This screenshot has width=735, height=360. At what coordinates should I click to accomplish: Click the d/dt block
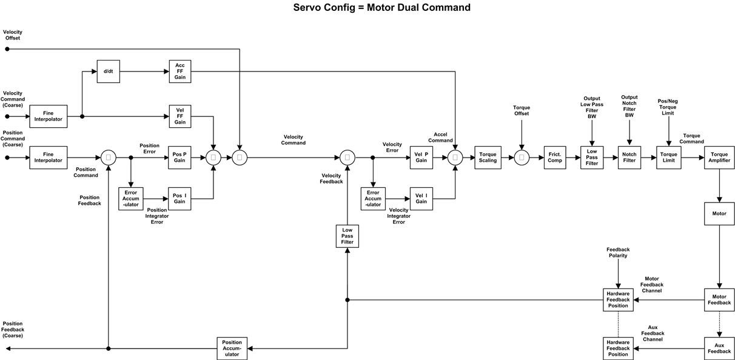tap(108, 72)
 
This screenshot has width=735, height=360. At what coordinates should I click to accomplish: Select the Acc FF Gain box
tap(180, 72)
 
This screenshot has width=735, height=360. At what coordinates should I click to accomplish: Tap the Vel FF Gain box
tap(180, 116)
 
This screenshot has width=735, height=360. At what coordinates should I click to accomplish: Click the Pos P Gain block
tap(180, 158)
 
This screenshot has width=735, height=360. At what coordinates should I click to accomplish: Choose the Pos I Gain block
tap(180, 199)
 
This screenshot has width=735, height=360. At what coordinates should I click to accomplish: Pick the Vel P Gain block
tap(421, 158)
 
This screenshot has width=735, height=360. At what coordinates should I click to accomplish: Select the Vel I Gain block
tap(421, 199)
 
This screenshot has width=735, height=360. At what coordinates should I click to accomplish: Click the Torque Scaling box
tap(488, 158)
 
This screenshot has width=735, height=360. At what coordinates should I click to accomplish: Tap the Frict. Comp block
tap(554, 158)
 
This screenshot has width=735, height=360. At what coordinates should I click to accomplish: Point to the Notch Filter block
tap(629, 158)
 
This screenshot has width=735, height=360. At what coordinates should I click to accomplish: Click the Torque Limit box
tap(668, 158)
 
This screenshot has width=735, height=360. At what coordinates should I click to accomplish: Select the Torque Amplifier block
tap(719, 158)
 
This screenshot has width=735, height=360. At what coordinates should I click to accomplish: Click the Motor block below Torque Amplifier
tap(719, 214)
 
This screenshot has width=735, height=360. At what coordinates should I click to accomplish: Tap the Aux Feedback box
tap(719, 348)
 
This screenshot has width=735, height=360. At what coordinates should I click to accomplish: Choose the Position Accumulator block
tap(232, 348)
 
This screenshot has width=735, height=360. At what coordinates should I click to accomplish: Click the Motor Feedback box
tap(719, 300)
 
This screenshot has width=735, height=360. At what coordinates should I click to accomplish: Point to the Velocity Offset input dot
tap(7, 49)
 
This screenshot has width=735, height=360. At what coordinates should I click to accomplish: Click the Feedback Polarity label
tap(618, 253)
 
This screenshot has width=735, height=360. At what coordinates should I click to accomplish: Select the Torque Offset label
tap(522, 111)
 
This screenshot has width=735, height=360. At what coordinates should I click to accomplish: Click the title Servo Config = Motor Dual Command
tap(381, 8)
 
